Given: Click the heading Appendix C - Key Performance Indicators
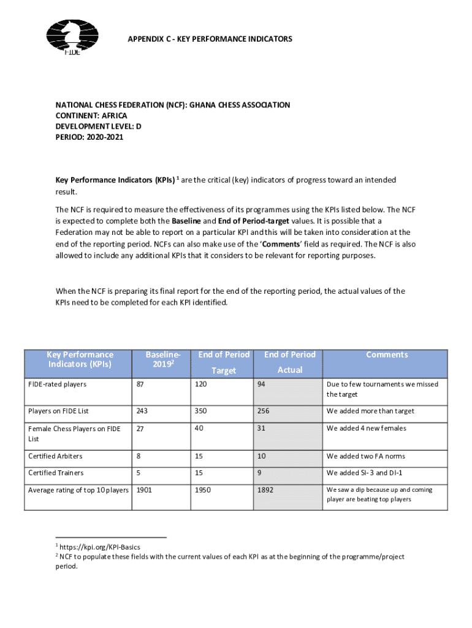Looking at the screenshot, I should pyautogui.click(x=210, y=39).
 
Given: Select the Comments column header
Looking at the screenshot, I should pyautogui.click(x=386, y=354).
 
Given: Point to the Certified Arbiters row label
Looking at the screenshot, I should pyautogui.click(x=55, y=456).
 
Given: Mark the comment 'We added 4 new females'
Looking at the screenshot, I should pyautogui.click(x=367, y=428).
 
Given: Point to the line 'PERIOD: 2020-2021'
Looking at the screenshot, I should pyautogui.click(x=89, y=137).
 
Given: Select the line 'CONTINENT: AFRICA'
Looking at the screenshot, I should pyautogui.click(x=91, y=116).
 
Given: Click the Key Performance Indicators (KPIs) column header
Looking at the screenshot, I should pyautogui.click(x=80, y=359).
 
